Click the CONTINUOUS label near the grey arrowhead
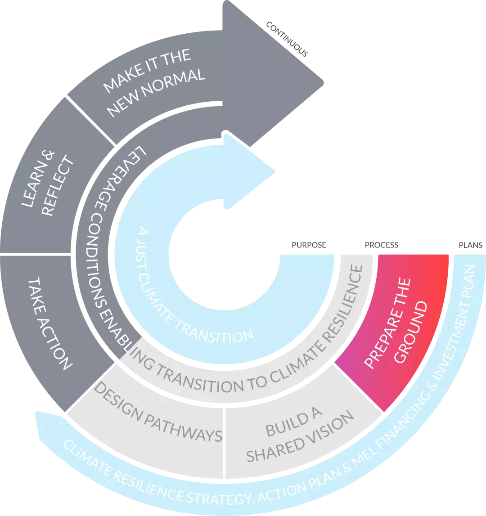(287, 39)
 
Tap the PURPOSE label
(309, 245)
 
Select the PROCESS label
(381, 245)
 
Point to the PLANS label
(470, 245)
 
